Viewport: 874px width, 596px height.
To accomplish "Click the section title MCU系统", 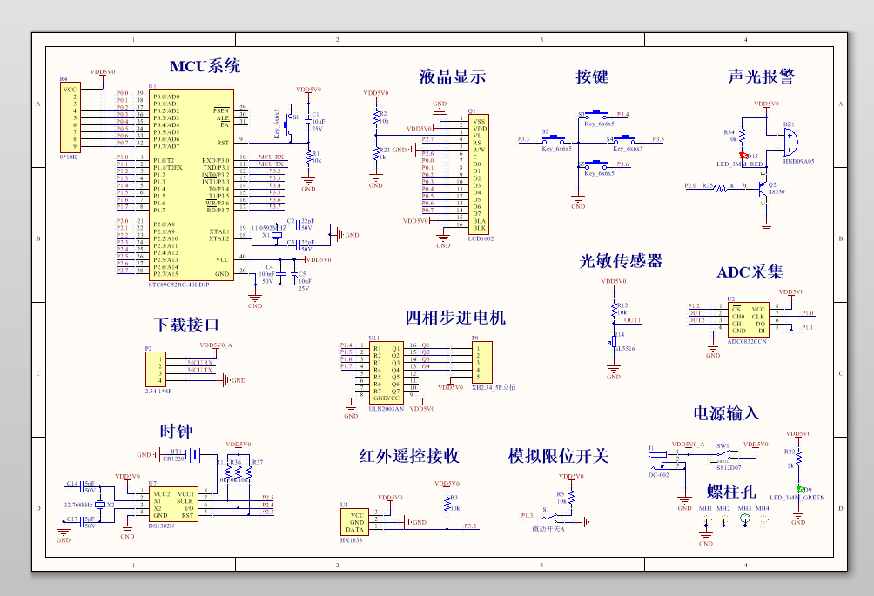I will (205, 66).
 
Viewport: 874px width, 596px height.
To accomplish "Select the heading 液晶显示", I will (452, 77).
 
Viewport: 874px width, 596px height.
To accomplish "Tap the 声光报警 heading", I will (761, 77).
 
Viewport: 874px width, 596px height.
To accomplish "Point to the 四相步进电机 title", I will (455, 317).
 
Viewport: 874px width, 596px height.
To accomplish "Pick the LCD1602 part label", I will (481, 237).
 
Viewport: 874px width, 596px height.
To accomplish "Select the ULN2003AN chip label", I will (387, 407).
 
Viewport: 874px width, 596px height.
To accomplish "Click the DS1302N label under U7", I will (161, 526).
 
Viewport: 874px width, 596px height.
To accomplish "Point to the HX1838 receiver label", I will (352, 540).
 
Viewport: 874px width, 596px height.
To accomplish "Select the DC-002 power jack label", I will (659, 475).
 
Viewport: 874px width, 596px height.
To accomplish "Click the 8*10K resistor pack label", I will (68, 157).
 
